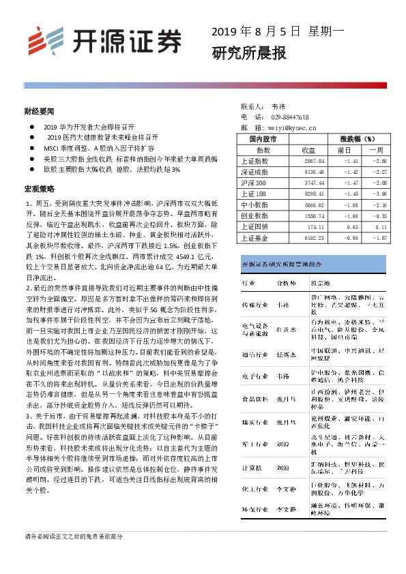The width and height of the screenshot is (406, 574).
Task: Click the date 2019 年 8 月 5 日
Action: [x=256, y=31]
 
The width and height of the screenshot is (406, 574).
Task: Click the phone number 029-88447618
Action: [x=289, y=117]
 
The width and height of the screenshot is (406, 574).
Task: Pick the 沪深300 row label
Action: [x=255, y=183]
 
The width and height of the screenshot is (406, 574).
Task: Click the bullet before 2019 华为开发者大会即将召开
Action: [x=32, y=127]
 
